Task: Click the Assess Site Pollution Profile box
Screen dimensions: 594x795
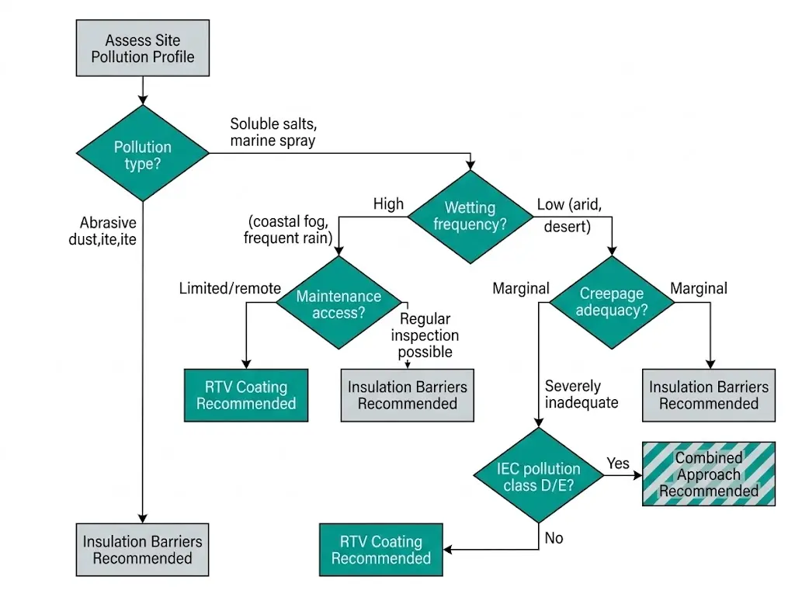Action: tap(143, 48)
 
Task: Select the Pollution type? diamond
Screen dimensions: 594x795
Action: tap(143, 155)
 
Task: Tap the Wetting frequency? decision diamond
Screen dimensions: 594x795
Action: tap(470, 216)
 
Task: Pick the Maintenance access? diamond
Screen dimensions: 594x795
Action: tap(338, 304)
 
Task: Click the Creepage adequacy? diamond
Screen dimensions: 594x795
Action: tap(613, 303)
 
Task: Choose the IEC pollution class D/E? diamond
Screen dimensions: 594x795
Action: tap(538, 476)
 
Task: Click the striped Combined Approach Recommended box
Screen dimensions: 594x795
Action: tap(708, 474)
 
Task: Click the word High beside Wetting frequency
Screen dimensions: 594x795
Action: tap(388, 204)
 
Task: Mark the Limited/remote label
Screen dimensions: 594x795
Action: tap(230, 288)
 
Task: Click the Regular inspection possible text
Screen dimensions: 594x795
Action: tap(425, 335)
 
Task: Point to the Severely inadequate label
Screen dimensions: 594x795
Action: tap(581, 394)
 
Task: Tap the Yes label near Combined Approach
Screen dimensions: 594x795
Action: tap(618, 463)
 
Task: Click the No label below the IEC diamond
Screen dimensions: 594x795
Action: tap(554, 537)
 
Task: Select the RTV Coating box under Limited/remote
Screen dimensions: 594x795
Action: tap(245, 395)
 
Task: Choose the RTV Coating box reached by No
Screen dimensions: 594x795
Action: tap(380, 550)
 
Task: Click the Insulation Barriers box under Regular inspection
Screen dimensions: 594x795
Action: tap(407, 395)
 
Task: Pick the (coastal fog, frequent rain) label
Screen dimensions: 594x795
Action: tap(288, 229)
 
